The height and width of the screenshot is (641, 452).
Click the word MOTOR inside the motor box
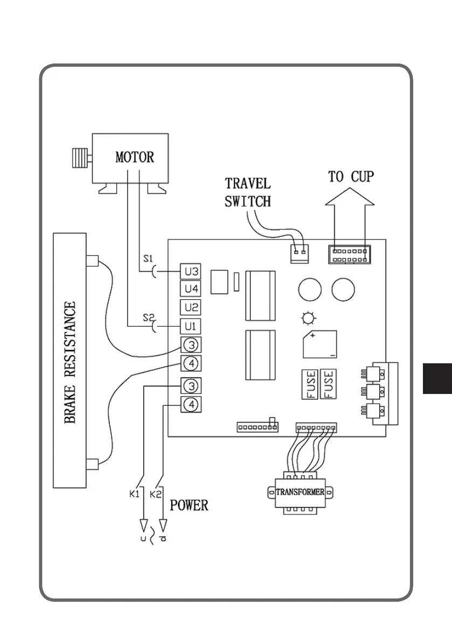coord(135,157)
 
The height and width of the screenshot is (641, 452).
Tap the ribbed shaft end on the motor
coord(80,158)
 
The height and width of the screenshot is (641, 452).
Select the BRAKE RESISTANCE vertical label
coord(71,363)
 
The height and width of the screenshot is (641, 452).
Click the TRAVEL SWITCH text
coord(248,192)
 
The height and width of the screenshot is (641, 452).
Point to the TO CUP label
coord(351,177)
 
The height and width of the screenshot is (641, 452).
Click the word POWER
coord(189,506)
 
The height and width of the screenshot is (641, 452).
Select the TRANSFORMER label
coord(300,492)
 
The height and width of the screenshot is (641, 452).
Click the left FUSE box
coord(311,384)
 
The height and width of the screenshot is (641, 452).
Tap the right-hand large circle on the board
coord(343,291)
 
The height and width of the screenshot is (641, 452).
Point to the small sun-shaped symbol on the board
coord(308,319)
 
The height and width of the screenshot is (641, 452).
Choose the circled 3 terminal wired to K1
coord(191,385)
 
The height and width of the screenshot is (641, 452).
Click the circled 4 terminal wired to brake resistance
coord(191,363)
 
